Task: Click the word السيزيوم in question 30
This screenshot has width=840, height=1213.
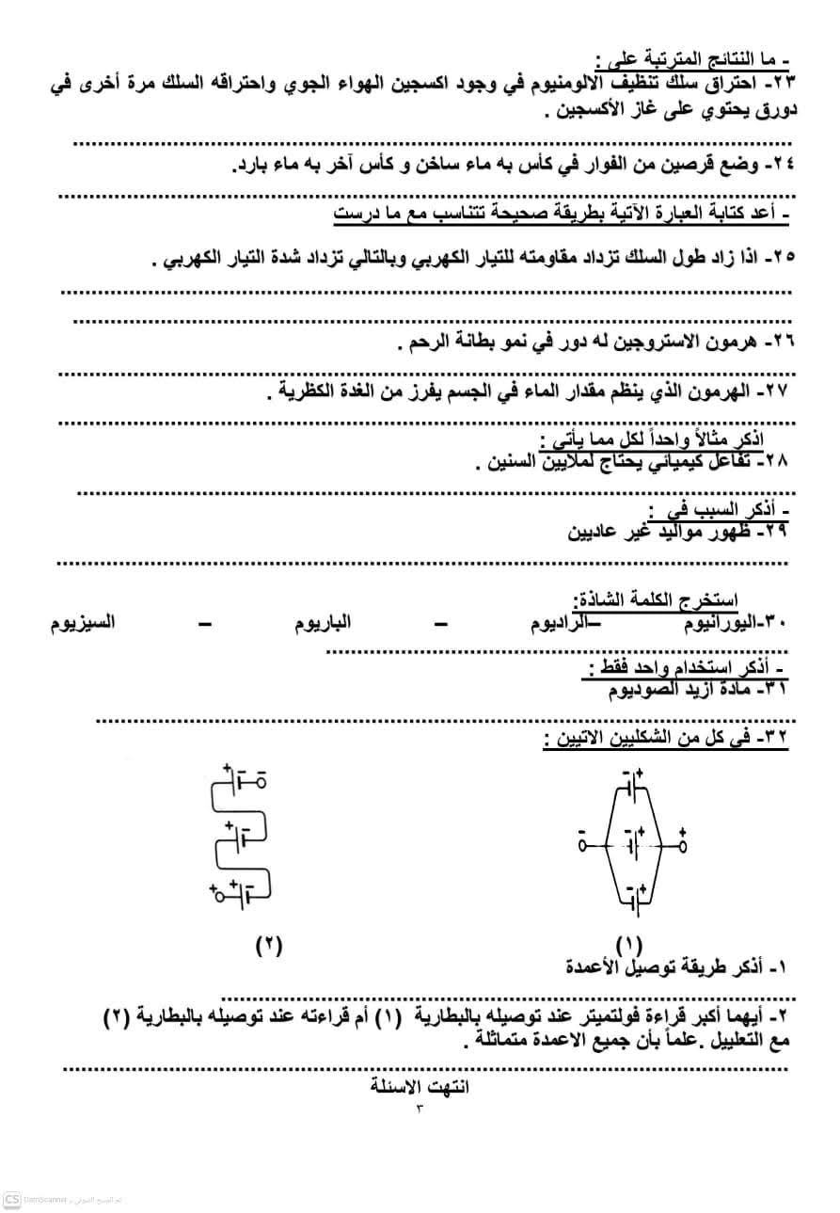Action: coord(83,623)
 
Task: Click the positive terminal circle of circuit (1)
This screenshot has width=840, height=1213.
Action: coord(682,846)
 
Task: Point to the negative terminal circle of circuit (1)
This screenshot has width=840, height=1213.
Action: coord(583,846)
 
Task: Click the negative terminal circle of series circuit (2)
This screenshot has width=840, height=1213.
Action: coord(261,781)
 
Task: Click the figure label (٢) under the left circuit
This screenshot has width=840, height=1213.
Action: coord(269,944)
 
